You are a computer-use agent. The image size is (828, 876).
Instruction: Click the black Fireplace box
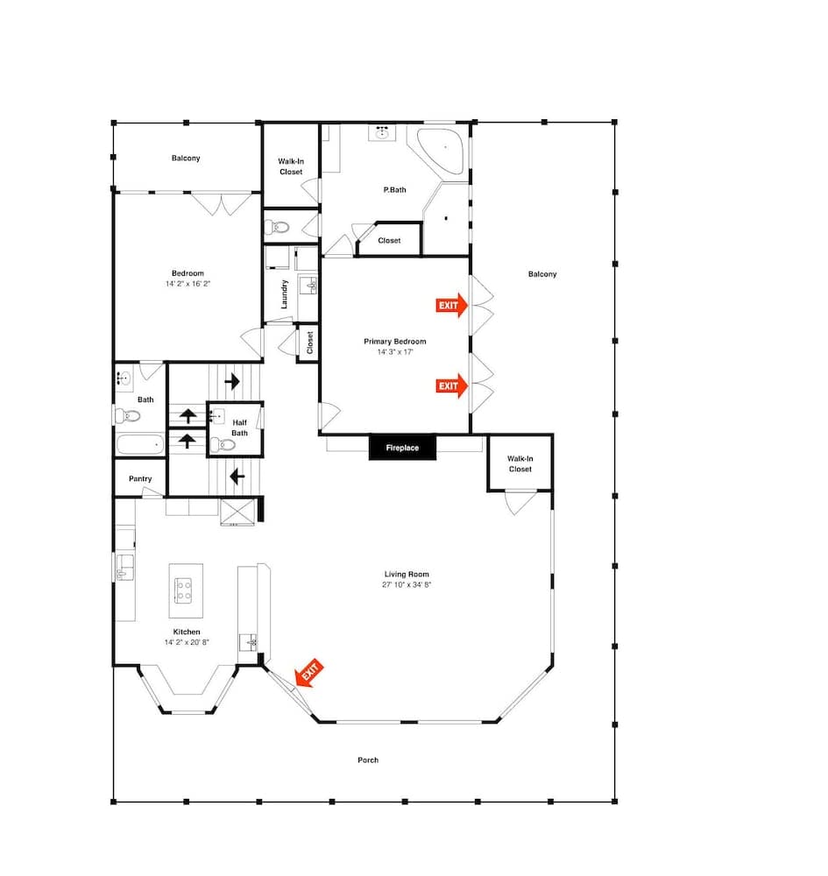[x=402, y=448]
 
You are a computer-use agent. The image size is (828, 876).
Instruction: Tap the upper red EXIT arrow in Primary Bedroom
[x=451, y=305]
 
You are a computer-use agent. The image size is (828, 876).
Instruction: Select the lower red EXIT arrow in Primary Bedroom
[x=451, y=385]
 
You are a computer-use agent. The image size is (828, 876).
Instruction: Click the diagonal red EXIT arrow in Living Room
[x=309, y=672]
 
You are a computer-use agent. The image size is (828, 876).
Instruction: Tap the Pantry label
[x=140, y=479]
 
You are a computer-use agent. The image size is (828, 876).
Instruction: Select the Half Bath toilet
[x=223, y=445]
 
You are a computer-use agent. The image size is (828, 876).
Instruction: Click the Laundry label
[x=284, y=294]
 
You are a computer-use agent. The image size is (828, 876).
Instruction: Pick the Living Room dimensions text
[x=407, y=585]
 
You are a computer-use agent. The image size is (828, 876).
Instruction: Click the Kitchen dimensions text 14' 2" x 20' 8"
[x=187, y=642]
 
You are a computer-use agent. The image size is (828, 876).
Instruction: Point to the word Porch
[x=368, y=759]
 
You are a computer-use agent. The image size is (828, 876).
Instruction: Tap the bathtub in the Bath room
[x=140, y=445]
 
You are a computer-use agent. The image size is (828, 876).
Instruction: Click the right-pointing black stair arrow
[x=232, y=382]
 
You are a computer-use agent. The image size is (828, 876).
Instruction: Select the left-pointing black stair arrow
[x=237, y=477]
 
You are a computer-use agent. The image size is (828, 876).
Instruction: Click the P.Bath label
[x=394, y=190]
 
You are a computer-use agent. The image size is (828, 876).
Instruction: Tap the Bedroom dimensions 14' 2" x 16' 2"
[x=188, y=284]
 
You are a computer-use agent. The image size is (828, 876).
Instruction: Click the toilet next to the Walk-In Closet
[x=277, y=227]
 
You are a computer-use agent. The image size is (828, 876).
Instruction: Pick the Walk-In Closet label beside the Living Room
[x=520, y=463]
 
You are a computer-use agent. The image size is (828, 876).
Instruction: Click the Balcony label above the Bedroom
[x=186, y=158]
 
